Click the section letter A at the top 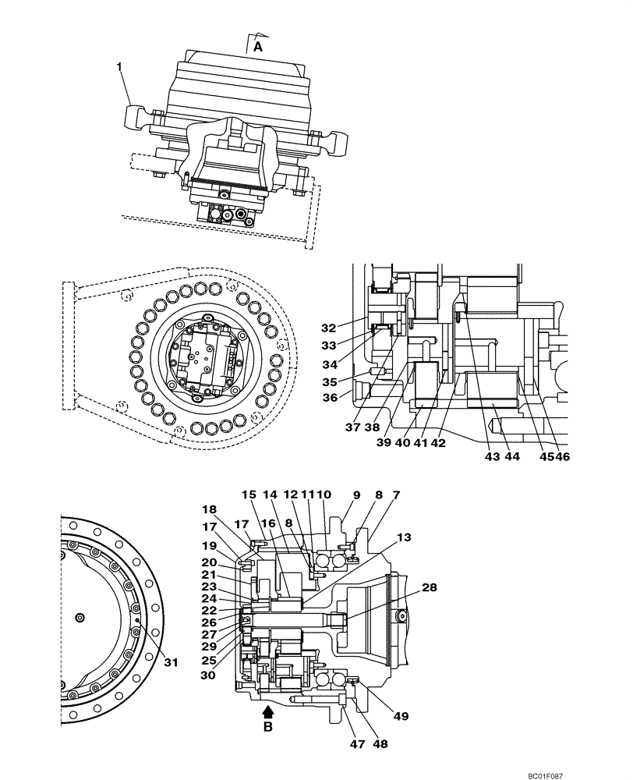tap(256, 47)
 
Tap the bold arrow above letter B tap(268, 711)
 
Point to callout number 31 tap(171, 662)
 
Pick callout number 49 tap(401, 714)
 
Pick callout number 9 tap(356, 494)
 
